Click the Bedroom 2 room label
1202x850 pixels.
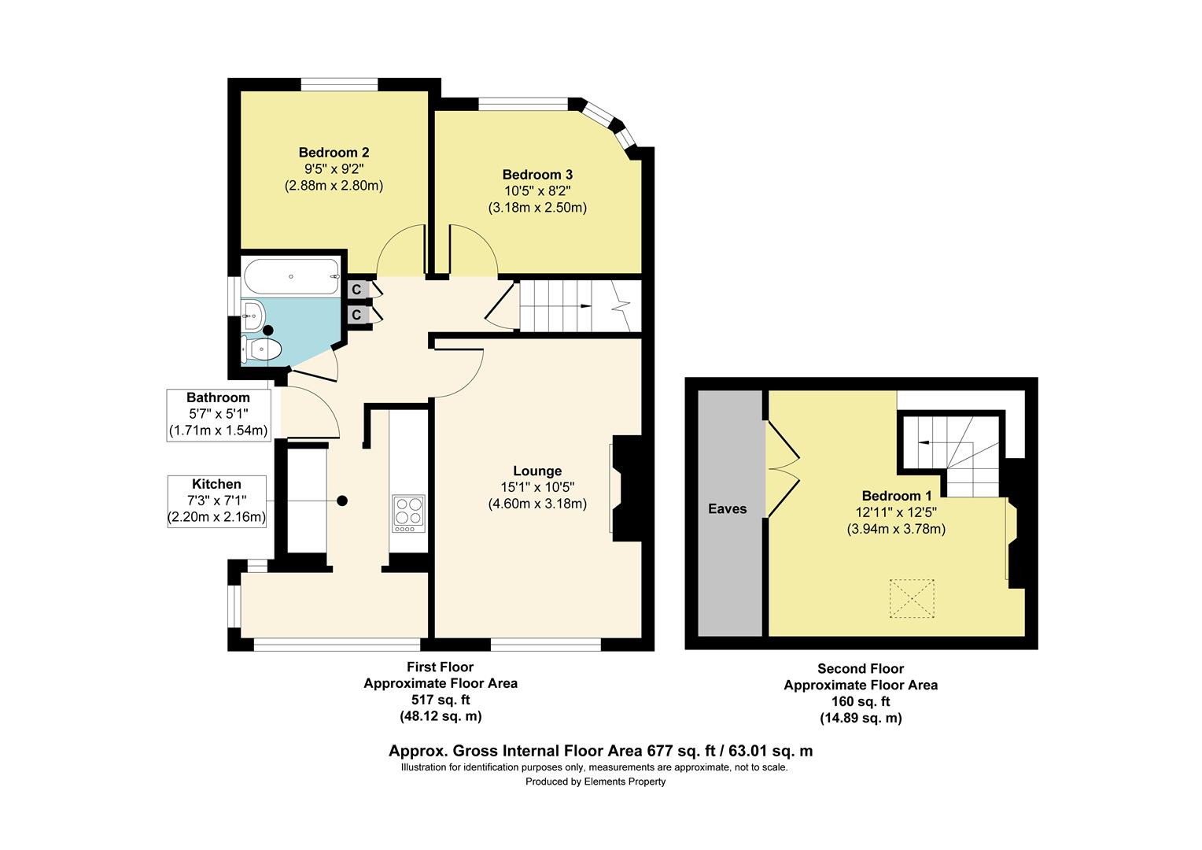click(x=334, y=153)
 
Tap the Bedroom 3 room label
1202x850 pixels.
click(x=537, y=175)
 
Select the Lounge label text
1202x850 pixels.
click(x=537, y=471)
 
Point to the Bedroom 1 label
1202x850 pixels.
click(x=896, y=496)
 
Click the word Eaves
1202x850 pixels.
click(x=728, y=509)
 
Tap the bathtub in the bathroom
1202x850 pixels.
click(x=292, y=276)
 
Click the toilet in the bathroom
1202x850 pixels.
click(x=262, y=349)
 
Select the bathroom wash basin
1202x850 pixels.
click(x=252, y=316)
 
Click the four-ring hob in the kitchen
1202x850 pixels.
click(x=407, y=510)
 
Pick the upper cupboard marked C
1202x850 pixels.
click(x=356, y=290)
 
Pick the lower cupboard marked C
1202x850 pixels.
click(x=356, y=315)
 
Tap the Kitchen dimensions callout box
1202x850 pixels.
click(x=216, y=501)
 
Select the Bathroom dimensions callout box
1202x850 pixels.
click(x=218, y=414)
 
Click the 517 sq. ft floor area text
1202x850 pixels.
click(x=441, y=700)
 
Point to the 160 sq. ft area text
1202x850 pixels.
click(x=861, y=701)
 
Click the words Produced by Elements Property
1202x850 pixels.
click(x=595, y=782)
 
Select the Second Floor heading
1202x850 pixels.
click(x=861, y=668)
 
